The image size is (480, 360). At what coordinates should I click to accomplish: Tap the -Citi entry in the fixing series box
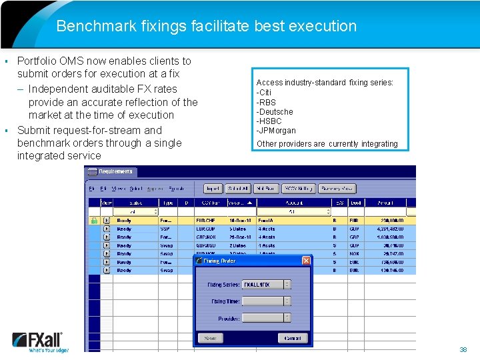pyautogui.click(x=264, y=93)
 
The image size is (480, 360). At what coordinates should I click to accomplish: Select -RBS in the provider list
pyautogui.click(x=266, y=102)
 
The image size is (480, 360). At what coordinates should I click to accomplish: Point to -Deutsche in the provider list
pyautogui.click(x=275, y=112)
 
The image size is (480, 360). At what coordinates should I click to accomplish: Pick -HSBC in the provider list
pyautogui.click(x=269, y=121)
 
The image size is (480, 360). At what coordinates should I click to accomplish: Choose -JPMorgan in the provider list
pyautogui.click(x=276, y=131)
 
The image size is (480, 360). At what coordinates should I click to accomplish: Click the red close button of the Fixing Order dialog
pyautogui.click(x=306, y=261)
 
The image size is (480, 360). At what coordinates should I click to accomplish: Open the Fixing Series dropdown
pyautogui.click(x=287, y=284)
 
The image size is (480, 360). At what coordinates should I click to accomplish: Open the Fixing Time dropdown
pyautogui.click(x=287, y=301)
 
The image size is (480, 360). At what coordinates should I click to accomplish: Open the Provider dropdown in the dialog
pyautogui.click(x=287, y=318)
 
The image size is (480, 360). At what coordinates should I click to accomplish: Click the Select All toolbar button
pyautogui.click(x=237, y=189)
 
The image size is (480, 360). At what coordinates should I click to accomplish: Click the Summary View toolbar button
pyautogui.click(x=337, y=189)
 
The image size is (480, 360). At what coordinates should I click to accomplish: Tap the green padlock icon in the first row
pyautogui.click(x=94, y=221)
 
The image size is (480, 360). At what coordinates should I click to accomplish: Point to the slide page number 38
pyautogui.click(x=463, y=349)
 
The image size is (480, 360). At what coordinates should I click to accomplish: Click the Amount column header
pyautogui.click(x=385, y=203)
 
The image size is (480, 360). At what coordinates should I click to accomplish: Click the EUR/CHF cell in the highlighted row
pyautogui.click(x=205, y=221)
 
